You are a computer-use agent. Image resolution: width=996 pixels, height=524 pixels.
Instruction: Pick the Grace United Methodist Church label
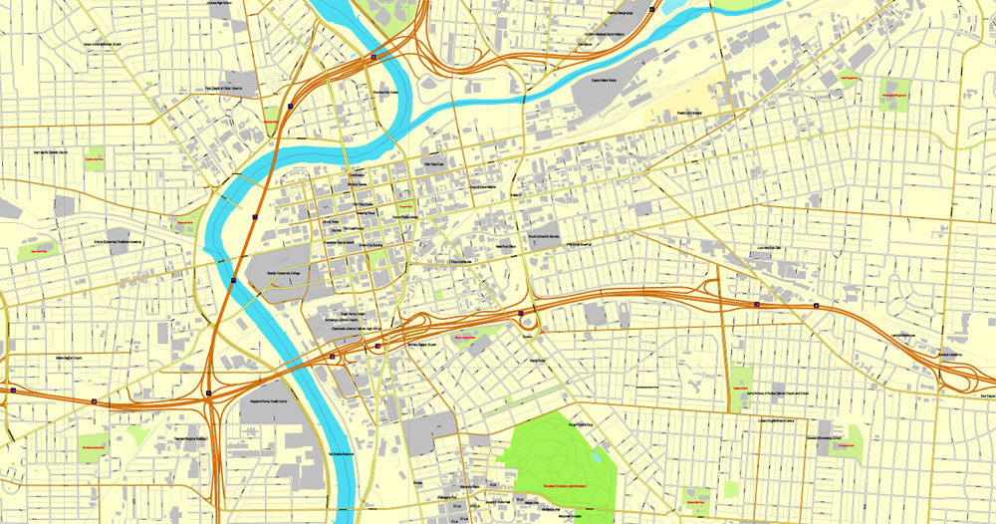[x=103, y=44]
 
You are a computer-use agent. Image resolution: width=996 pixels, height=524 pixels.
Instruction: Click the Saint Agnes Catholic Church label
[x=50, y=152]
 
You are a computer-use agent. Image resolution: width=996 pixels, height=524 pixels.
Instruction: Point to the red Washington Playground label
[x=897, y=95]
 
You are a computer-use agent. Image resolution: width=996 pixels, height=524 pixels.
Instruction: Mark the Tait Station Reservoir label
[x=343, y=454]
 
